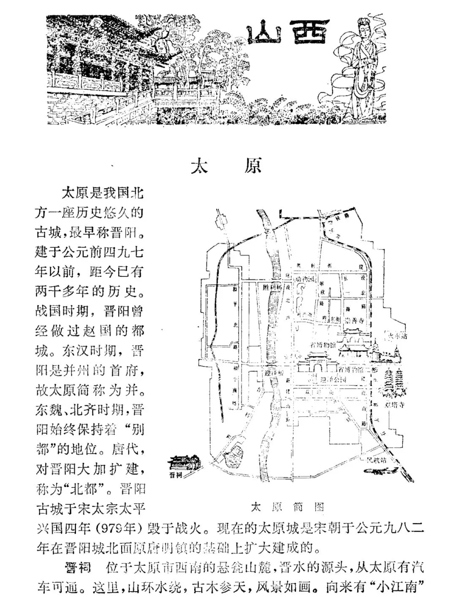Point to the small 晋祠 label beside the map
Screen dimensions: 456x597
tap(174, 475)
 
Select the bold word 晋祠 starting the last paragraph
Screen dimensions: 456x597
tap(78, 567)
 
